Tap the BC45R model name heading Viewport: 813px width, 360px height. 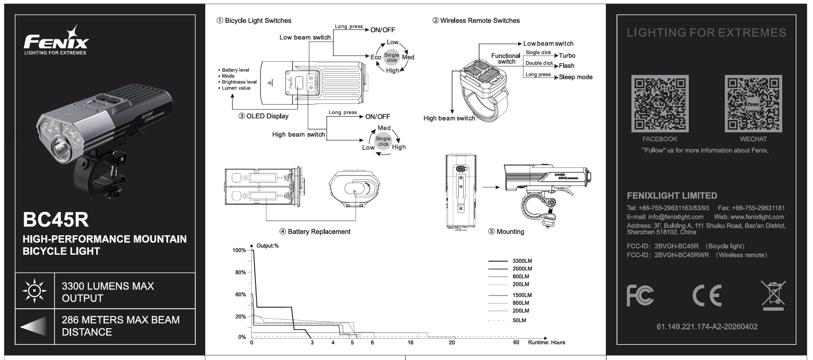[55, 220]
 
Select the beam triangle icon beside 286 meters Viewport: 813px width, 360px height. [34, 326]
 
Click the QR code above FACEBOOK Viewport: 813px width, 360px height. [659, 103]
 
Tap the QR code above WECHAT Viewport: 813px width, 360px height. [753, 103]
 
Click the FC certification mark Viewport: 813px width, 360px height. [640, 295]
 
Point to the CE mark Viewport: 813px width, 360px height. [707, 295]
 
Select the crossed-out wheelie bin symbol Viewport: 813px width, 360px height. [773, 295]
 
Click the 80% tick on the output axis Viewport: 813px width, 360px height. [241, 272]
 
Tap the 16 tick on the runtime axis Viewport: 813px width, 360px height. [410, 342]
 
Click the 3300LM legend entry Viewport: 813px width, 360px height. [522, 261]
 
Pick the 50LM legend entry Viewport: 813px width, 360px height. [519, 320]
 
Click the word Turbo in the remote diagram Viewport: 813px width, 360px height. [567, 55]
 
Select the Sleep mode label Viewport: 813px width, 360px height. [575, 77]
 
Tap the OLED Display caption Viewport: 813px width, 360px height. [267, 116]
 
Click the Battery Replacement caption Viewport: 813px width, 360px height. [319, 231]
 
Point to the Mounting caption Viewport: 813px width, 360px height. [510, 231]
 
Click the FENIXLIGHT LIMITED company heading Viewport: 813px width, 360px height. [672, 195]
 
